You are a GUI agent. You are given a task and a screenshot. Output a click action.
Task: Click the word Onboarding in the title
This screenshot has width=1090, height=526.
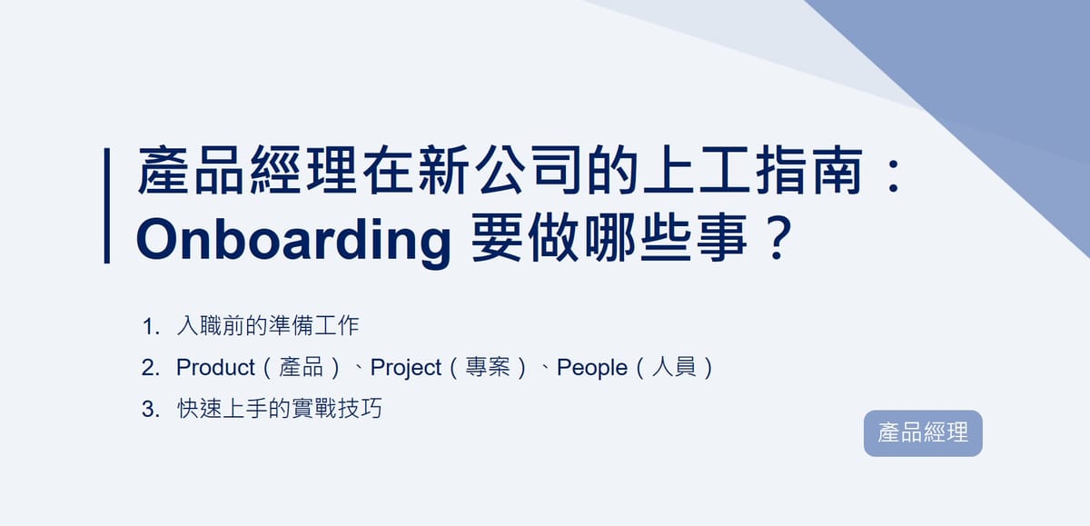coord(293,241)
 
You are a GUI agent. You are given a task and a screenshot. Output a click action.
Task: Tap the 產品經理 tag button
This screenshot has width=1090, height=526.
coord(923,433)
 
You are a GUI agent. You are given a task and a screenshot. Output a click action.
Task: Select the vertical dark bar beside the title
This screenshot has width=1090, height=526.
coord(107,205)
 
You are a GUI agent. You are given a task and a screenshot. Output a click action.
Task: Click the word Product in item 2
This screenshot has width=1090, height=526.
coord(215,368)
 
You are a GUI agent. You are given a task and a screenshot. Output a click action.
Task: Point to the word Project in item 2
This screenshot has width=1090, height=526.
coord(406,368)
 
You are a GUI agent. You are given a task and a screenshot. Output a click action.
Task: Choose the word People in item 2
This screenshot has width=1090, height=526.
coord(591,368)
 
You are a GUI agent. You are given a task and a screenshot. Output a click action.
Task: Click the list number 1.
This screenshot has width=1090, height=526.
coord(149,326)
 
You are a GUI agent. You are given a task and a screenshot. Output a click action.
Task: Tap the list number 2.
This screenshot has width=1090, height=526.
coord(149,368)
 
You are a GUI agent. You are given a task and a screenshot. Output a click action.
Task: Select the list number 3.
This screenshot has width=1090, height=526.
coord(149,410)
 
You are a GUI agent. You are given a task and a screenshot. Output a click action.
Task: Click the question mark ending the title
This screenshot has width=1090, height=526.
coord(774,241)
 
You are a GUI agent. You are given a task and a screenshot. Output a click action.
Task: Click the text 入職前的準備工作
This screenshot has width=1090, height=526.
coord(268,326)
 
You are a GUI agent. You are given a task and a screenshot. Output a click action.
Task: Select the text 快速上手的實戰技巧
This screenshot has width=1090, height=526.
coord(280,410)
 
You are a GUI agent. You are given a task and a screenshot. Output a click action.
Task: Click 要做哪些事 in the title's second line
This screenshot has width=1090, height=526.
coord(611,241)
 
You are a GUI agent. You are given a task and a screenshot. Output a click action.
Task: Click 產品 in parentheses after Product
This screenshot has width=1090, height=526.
coord(302,368)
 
